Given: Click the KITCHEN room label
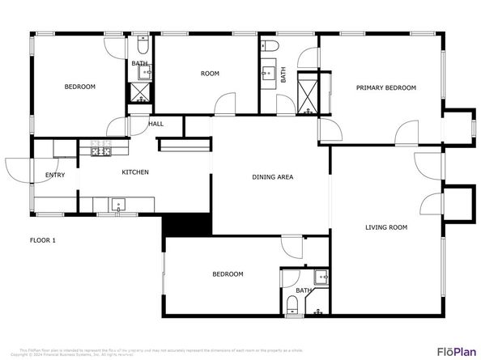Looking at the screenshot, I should coord(135,172).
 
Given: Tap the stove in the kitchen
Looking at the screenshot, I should coord(100,150).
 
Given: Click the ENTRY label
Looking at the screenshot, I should coord(55,176).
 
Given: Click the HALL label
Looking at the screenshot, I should coord(155,124).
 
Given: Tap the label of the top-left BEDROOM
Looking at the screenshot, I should coord(80,87).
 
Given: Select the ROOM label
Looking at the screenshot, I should coord(210,74).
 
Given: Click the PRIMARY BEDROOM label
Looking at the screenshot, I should coord(386,87).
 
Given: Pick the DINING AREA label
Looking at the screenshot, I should coord(273,177).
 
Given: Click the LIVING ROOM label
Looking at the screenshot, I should coord(386,228).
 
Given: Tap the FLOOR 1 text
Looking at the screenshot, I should coord(43,240).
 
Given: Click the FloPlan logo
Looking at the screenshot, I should coord(456,351).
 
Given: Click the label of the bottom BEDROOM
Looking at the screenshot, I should coord(228,274).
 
